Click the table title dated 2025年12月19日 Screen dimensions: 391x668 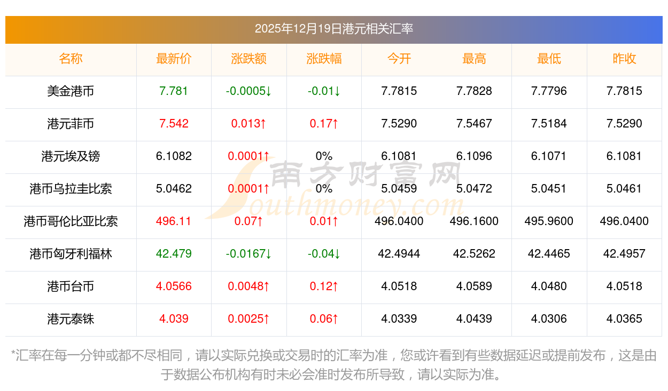(x=333, y=29)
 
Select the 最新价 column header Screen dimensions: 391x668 (x=174, y=59)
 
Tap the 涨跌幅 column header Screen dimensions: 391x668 (x=324, y=59)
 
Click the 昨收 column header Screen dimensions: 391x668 (x=624, y=59)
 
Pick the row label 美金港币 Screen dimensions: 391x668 (x=71, y=91)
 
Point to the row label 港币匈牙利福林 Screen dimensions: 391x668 (x=71, y=254)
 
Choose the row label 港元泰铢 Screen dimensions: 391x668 (x=71, y=319)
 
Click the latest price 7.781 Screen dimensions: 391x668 (x=174, y=91)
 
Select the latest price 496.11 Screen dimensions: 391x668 (x=174, y=221)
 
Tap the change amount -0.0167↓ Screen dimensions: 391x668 (x=248, y=254)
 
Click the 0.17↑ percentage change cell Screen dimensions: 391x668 (x=324, y=124)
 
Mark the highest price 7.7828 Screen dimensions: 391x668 (x=474, y=91)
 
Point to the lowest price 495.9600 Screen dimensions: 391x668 (x=549, y=221)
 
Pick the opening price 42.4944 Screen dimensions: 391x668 (x=399, y=254)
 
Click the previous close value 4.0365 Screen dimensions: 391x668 (x=624, y=319)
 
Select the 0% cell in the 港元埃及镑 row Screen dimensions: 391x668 (x=324, y=156)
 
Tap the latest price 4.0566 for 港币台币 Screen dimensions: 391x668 (x=174, y=286)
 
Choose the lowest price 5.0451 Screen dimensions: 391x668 (x=549, y=189)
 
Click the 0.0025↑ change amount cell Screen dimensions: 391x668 (x=248, y=319)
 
